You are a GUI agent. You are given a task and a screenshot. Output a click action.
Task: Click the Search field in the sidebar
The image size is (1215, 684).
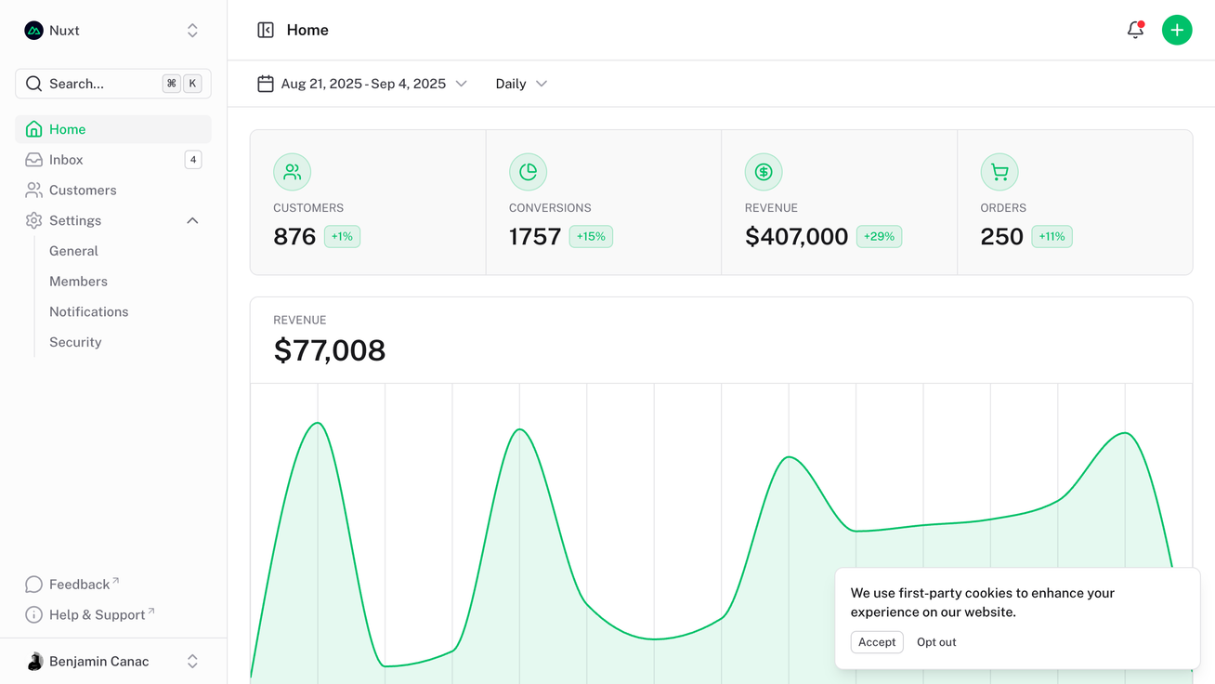[x=102, y=84]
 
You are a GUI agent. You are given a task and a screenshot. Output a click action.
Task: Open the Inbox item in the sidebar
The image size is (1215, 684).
[x=66, y=160]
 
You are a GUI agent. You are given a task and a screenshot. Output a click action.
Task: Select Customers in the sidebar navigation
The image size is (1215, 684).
[x=83, y=191]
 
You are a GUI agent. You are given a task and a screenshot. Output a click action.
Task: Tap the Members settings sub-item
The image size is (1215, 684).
[x=78, y=282]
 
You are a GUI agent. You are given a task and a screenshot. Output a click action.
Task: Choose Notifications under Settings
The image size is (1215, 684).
[x=88, y=312]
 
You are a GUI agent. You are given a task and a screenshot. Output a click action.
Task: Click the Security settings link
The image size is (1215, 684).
[x=75, y=342]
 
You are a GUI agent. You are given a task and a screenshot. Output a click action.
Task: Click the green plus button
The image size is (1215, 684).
[x=1177, y=30]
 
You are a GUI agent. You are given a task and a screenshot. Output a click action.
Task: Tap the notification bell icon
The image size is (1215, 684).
[x=1135, y=30]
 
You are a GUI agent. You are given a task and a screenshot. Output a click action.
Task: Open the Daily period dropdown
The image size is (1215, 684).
[x=521, y=84]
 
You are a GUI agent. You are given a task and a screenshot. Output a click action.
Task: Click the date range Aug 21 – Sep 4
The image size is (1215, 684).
[x=362, y=84]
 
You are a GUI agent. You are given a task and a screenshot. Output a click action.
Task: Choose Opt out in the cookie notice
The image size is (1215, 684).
[x=936, y=642]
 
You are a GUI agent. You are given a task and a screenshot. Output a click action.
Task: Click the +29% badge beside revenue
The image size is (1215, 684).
[x=879, y=237]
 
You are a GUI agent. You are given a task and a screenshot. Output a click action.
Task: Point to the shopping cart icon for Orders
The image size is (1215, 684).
[x=999, y=172]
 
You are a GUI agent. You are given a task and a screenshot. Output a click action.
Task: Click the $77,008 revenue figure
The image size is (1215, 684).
[x=330, y=350]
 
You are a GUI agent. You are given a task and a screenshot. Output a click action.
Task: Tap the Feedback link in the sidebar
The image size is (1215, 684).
[x=79, y=585]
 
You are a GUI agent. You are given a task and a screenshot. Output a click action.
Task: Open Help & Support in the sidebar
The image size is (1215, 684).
[x=97, y=615]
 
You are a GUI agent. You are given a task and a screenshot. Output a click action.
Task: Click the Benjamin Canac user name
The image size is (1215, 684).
[x=98, y=662]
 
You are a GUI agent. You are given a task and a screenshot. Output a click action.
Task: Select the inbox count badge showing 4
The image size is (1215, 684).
[x=193, y=160]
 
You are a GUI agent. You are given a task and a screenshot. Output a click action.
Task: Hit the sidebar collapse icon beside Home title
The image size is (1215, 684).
[x=266, y=30]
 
